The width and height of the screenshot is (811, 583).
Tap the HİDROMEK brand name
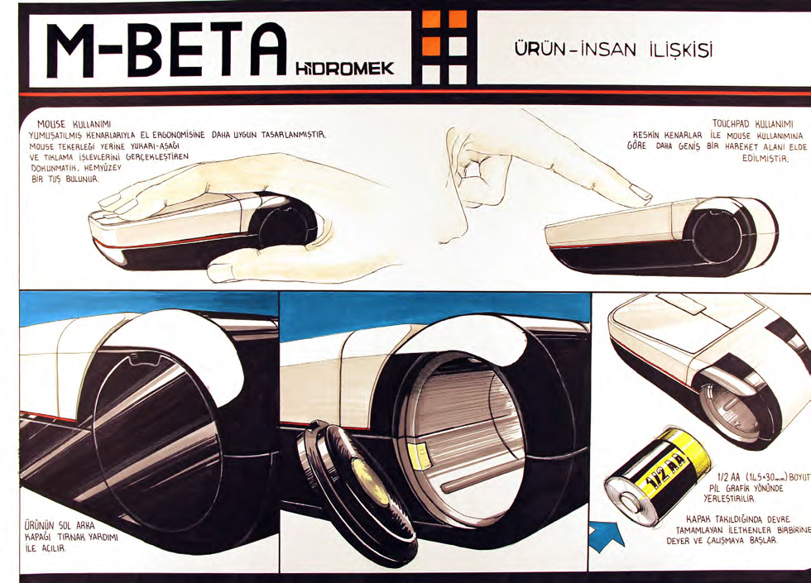tap(344, 68)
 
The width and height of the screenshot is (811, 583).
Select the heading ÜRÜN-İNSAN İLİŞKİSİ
tap(613, 50)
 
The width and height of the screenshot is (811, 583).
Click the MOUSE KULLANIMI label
tap(74, 124)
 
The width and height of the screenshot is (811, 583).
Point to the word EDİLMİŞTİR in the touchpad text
tap(765, 159)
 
